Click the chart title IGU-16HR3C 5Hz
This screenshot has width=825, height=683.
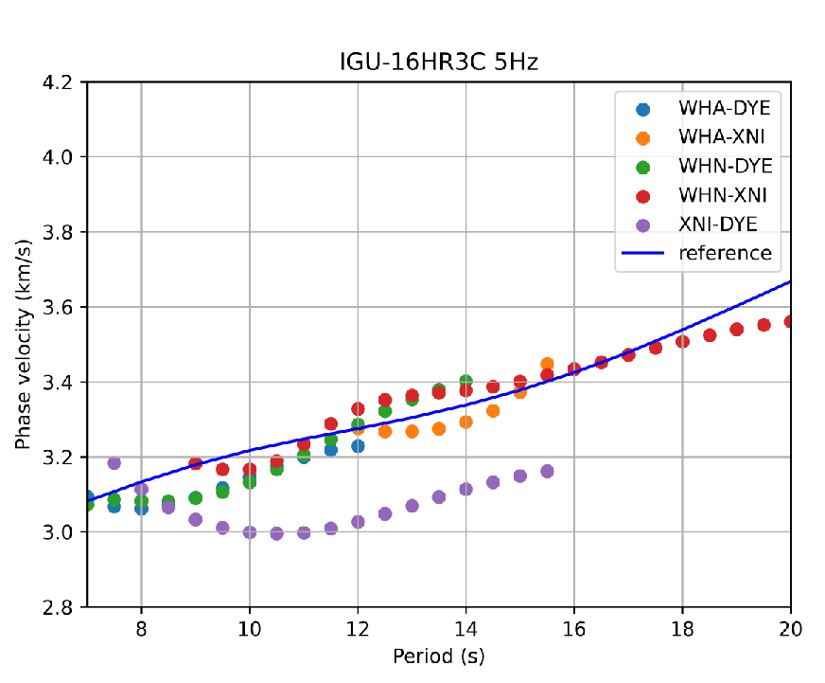(439, 63)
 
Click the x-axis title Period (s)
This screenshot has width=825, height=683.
(439, 656)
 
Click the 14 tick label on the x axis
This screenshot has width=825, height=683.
(465, 628)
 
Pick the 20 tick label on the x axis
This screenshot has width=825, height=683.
(790, 628)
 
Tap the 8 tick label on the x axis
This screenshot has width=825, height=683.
(141, 628)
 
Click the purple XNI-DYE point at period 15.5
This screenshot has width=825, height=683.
(547, 471)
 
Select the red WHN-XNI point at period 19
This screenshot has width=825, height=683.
(736, 330)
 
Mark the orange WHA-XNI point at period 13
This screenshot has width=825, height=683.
(412, 431)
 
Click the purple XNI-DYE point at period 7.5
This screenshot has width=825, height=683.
(114, 463)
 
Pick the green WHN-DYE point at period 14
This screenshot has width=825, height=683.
(465, 381)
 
